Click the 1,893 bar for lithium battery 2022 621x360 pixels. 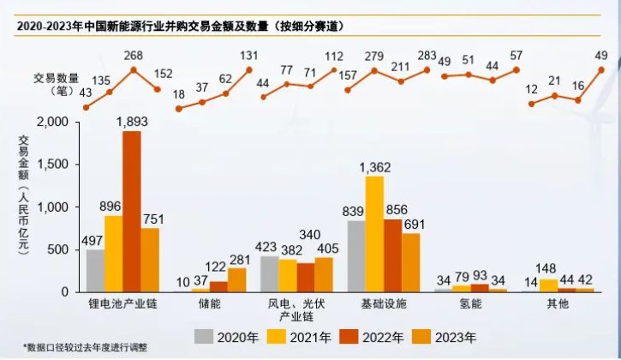point(132,212)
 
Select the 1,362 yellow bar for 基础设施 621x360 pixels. point(374,234)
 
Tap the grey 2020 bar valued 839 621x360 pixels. point(356,256)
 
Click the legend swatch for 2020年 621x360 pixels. point(204,336)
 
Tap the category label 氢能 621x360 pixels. point(470,304)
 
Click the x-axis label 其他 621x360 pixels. point(558,304)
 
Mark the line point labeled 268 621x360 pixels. point(133,69)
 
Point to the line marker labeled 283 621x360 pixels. point(427,69)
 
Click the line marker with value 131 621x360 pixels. point(249,70)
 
